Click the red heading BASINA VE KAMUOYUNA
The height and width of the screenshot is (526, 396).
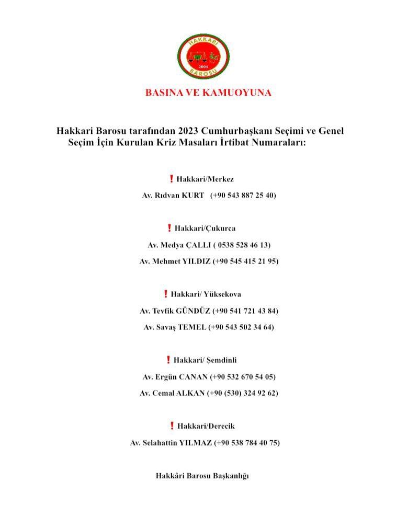tap(208, 93)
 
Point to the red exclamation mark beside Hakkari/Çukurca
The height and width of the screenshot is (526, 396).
tap(169, 228)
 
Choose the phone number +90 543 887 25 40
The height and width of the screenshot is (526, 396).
tap(243, 196)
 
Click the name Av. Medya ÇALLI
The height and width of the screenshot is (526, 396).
tap(178, 245)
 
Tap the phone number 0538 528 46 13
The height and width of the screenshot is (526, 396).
tap(242, 245)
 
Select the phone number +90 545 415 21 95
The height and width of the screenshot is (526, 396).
tap(246, 261)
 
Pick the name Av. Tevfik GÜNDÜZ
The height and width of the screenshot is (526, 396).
tap(175, 311)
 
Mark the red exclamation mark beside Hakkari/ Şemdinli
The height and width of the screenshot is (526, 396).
tap(168, 360)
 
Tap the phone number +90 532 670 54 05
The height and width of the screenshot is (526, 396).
tap(243, 376)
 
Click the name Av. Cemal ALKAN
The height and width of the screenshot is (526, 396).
tap(172, 393)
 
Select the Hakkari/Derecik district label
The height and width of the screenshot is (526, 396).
tap(206, 426)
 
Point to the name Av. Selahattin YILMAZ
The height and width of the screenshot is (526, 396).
tap(171, 443)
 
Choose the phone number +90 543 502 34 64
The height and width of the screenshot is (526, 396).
tap(241, 327)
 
